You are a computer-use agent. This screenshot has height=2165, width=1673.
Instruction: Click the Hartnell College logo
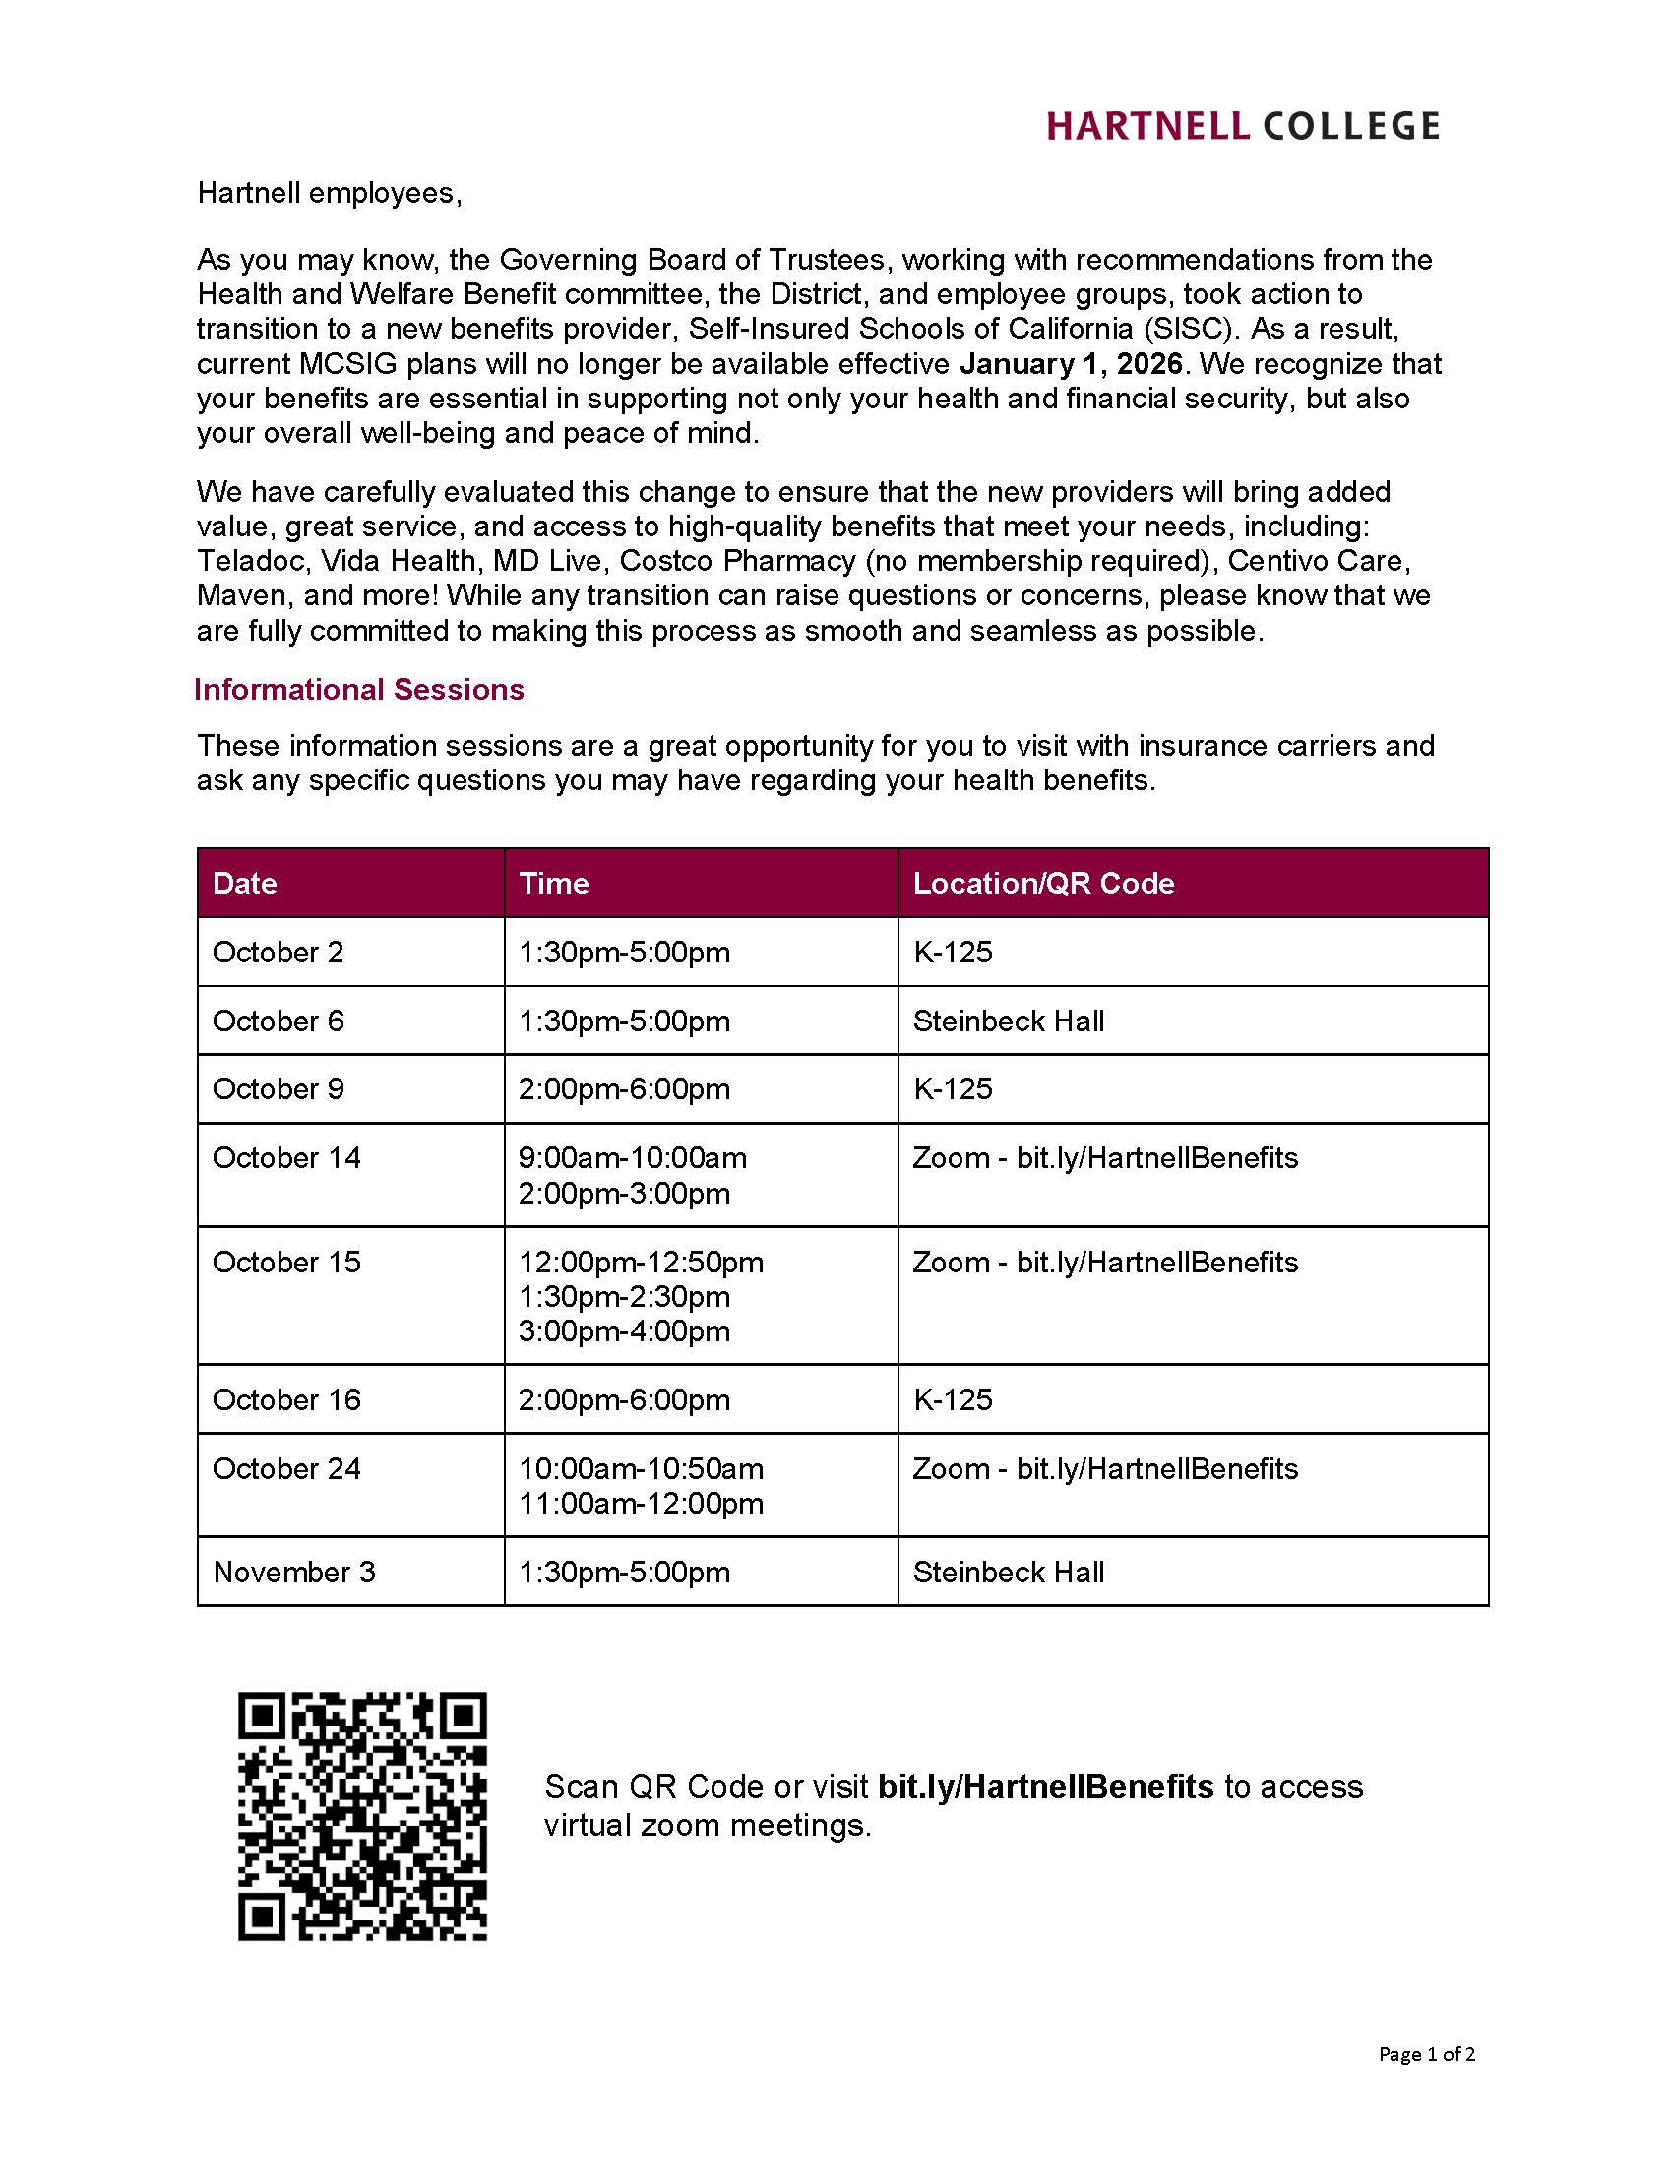pyautogui.click(x=1243, y=126)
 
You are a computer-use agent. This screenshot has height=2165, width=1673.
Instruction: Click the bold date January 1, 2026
pyautogui.click(x=1071, y=364)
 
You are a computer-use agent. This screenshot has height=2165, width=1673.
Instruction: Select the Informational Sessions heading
pyautogui.click(x=359, y=689)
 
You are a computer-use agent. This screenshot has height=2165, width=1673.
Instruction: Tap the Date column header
pyautogui.click(x=245, y=883)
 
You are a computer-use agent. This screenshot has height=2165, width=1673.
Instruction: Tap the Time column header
pyautogui.click(x=553, y=883)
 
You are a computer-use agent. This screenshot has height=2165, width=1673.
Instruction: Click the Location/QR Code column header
pyautogui.click(x=1042, y=883)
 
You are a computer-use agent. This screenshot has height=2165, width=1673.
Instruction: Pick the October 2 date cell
pyautogui.click(x=278, y=952)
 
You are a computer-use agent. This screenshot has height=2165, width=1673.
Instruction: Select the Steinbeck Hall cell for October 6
pyautogui.click(x=1008, y=1021)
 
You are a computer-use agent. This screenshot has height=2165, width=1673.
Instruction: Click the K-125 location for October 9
pyautogui.click(x=952, y=1088)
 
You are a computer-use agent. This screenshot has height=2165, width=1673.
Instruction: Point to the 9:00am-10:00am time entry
pyautogui.click(x=633, y=1158)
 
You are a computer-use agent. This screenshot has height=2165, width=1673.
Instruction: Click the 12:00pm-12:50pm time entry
pyautogui.click(x=641, y=1262)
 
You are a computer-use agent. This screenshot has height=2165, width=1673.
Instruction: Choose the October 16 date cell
pyautogui.click(x=286, y=1398)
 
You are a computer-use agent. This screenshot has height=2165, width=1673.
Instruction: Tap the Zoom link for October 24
pyautogui.click(x=1104, y=1468)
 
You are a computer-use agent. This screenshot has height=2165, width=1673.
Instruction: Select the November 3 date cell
pyautogui.click(x=293, y=1572)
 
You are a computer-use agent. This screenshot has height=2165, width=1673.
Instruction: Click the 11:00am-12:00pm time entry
pyautogui.click(x=641, y=1503)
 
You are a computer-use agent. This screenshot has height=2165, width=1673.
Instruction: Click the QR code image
pyautogui.click(x=362, y=1815)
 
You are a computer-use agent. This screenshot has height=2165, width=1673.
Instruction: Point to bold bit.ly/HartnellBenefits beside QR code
pyautogui.click(x=1044, y=1786)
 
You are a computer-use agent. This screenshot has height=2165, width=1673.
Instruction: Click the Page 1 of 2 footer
pyautogui.click(x=1425, y=2053)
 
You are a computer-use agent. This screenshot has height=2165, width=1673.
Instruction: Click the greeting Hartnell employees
pyautogui.click(x=329, y=192)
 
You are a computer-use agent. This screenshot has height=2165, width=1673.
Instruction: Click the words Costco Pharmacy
pyautogui.click(x=737, y=561)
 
